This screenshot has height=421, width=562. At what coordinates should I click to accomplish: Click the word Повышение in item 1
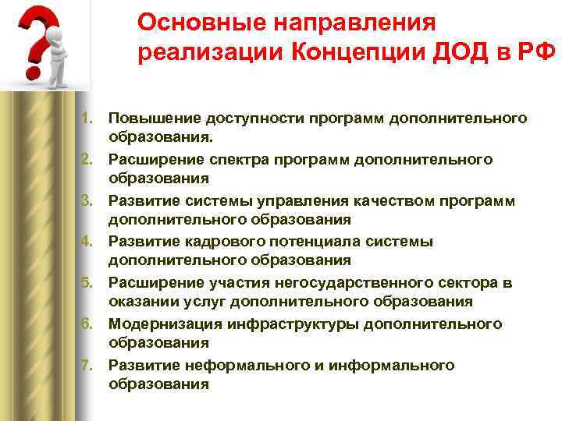pos(154,119)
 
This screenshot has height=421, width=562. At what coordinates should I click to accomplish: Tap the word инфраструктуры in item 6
pos(279,324)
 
